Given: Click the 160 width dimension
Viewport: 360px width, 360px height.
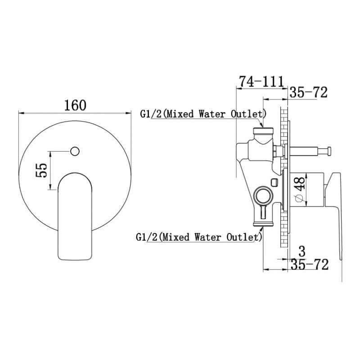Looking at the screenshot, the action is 75,105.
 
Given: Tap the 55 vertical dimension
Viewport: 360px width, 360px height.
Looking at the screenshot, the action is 42,170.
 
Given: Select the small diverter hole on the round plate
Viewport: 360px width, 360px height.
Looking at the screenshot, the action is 75,151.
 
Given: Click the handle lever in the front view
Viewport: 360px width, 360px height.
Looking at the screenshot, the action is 75,216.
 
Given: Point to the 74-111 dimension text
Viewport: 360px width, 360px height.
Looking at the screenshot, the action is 262,82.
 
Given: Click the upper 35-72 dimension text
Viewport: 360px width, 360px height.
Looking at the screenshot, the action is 308,92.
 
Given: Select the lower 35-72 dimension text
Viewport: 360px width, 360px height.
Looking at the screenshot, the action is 310,264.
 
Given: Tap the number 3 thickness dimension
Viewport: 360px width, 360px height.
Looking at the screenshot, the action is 302,252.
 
